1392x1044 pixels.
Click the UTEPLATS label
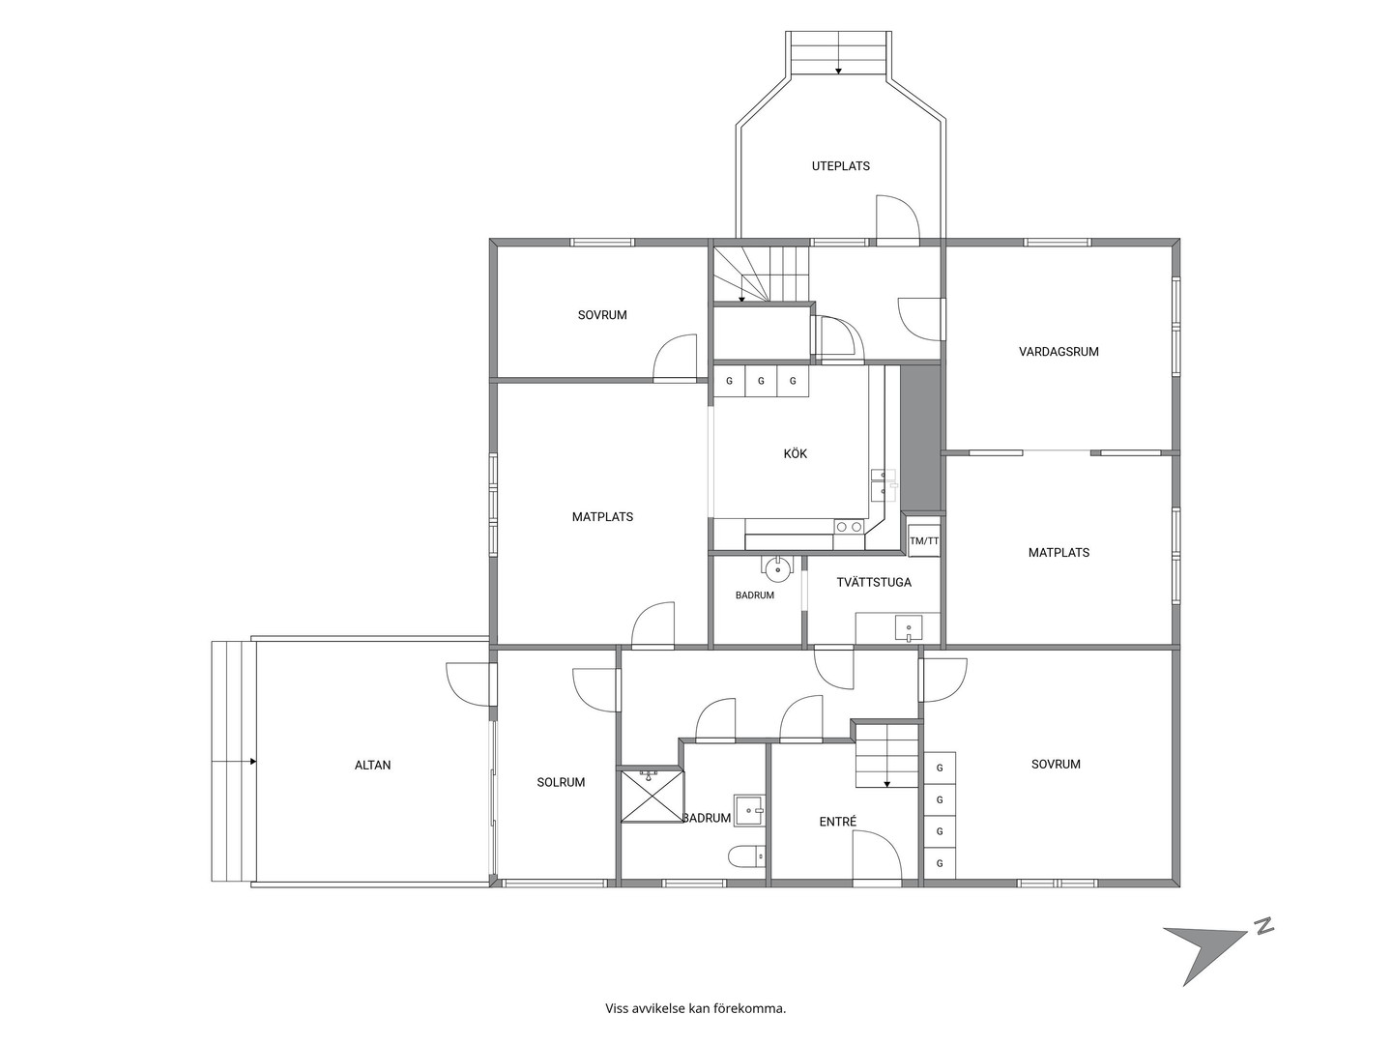click(840, 166)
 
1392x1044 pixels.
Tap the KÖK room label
click(796, 454)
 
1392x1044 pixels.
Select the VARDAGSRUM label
click(1058, 352)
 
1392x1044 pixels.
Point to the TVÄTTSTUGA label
click(873, 582)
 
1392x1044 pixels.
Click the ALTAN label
click(372, 765)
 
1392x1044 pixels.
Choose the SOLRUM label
click(561, 782)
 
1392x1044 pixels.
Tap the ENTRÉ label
click(838, 822)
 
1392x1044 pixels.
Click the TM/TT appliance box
click(924, 540)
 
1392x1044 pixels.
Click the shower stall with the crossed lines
click(652, 796)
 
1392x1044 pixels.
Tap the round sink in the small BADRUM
click(777, 569)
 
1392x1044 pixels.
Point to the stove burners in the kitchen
click(849, 526)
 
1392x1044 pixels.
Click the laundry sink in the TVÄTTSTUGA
click(908, 628)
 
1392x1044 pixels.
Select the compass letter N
click(1261, 925)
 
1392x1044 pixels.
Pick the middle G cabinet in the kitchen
click(761, 381)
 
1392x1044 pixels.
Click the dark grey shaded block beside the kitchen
click(920, 438)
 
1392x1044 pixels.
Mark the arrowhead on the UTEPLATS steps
click(838, 71)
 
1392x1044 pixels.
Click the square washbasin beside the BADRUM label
click(749, 810)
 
